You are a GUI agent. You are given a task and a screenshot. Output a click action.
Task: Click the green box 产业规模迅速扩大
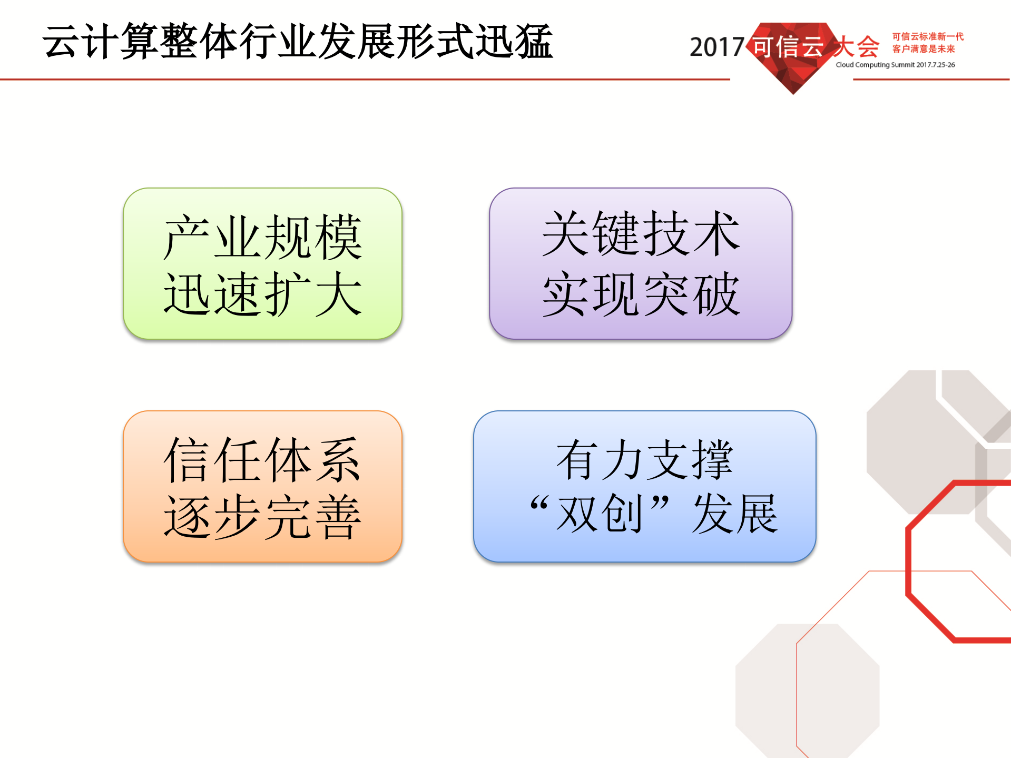[262, 263]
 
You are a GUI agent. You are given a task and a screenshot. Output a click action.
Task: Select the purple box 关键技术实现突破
[640, 263]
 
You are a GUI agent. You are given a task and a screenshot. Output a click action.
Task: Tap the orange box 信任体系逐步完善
[262, 486]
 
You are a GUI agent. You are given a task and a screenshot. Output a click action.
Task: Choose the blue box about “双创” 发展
[644, 486]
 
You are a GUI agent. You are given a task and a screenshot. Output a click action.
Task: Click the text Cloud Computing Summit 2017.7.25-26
[895, 65]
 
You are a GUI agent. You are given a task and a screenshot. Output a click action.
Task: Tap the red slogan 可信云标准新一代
[928, 36]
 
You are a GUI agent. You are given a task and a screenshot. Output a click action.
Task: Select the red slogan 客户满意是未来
[923, 49]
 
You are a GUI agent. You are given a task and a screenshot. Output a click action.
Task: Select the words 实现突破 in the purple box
[640, 294]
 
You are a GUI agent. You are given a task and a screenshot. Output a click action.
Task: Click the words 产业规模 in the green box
[262, 238]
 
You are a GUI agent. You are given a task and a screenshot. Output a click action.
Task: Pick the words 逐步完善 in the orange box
[262, 517]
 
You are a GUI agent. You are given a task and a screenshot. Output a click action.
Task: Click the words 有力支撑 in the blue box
[644, 460]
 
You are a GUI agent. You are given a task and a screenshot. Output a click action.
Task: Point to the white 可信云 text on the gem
[787, 47]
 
